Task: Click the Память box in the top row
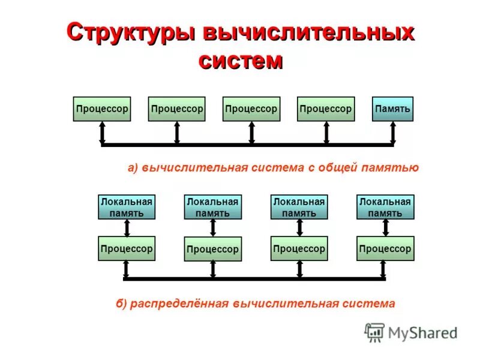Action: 392,109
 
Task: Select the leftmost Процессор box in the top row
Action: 102,109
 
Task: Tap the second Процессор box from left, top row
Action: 176,109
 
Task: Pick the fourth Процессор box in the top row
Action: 326,109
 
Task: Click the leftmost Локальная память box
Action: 127,207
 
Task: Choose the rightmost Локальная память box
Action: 385,207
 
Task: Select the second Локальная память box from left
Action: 212,207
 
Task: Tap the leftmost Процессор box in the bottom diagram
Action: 127,248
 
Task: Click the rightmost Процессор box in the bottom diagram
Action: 385,248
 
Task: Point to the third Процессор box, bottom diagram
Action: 299,248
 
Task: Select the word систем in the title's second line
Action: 240,61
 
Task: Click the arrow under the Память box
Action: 392,132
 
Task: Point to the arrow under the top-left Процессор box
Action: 102,132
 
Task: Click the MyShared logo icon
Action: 374,332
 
